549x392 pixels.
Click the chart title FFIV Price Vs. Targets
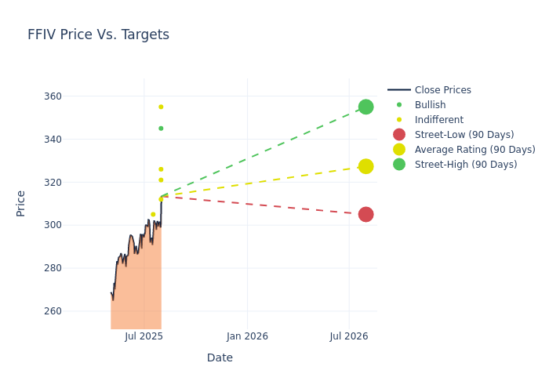[x=98, y=35]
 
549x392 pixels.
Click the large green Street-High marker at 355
[x=365, y=107]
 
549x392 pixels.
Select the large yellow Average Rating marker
[x=365, y=166]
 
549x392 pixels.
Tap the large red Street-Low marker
[x=365, y=214]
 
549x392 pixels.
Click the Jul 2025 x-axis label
[x=144, y=336]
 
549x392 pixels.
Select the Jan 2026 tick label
[x=247, y=336]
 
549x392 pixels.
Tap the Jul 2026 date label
[x=349, y=336]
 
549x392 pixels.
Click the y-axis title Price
[x=21, y=203]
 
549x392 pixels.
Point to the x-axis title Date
[x=220, y=358]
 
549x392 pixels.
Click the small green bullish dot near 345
[x=161, y=129]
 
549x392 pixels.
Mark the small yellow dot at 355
[x=161, y=107]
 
